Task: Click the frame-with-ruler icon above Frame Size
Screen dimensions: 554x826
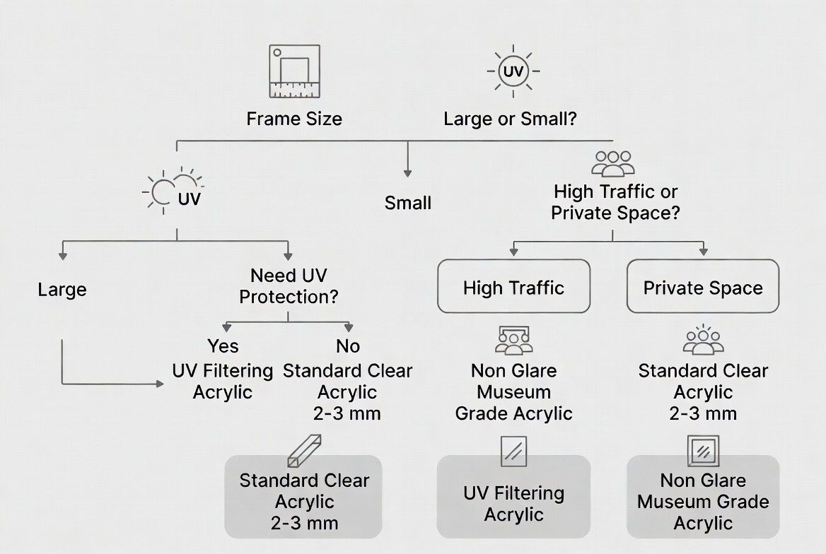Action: tap(295, 71)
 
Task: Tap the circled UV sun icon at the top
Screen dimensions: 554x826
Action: tap(513, 71)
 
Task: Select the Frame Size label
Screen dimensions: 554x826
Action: tap(294, 119)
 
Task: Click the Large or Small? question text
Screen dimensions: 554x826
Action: tap(510, 119)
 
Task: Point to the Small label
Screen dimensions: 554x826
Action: tap(407, 204)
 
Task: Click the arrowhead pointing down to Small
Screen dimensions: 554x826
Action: tap(407, 172)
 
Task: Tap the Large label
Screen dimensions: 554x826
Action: tap(62, 290)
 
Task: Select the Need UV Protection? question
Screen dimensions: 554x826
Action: tap(289, 286)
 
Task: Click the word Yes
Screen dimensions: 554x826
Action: tap(223, 346)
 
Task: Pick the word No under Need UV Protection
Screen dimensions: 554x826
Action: tap(347, 346)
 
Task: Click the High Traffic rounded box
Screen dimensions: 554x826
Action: tap(513, 286)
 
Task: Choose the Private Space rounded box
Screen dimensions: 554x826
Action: tap(703, 286)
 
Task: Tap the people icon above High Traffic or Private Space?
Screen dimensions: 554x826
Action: tap(612, 163)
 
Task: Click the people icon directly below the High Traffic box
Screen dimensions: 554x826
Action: tap(513, 341)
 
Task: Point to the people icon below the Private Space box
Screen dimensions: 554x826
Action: tap(703, 340)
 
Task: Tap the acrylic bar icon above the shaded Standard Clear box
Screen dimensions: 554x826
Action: tap(304, 451)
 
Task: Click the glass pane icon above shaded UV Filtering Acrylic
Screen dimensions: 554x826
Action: tap(513, 451)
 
